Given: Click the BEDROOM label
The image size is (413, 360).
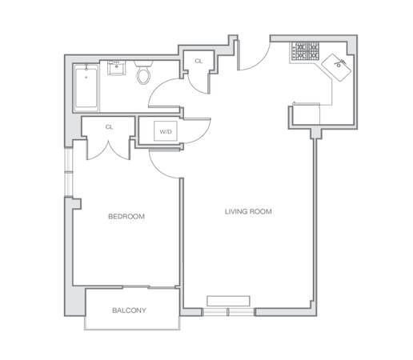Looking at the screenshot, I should coord(126,216).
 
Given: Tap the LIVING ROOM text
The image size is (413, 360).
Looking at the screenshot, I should coord(248,212).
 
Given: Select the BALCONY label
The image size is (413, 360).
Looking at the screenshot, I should coord(128,310).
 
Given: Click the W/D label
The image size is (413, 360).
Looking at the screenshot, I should coord(166,132).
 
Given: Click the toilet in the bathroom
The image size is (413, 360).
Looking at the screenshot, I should coord(144,75).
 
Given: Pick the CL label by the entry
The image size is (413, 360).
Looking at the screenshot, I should coord(198,61).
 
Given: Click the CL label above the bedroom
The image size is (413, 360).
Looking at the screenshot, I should coord(109,126).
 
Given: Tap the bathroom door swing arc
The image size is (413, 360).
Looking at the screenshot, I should coord(166,99).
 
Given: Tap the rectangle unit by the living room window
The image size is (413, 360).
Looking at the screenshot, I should coord(228,300).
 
